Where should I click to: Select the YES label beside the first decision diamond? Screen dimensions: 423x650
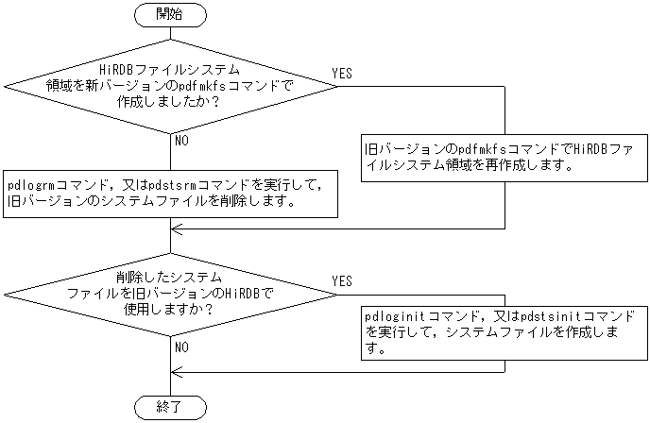(x=342, y=74)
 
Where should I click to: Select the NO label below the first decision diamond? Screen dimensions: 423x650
(x=182, y=142)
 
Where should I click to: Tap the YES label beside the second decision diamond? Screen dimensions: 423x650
(x=342, y=281)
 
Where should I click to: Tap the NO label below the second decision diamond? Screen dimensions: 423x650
(x=182, y=347)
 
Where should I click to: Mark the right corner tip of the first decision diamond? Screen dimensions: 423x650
(x=336, y=85)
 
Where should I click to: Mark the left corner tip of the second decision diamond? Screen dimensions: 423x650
(x=4, y=294)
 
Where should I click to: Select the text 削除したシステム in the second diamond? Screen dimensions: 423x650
(x=170, y=278)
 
